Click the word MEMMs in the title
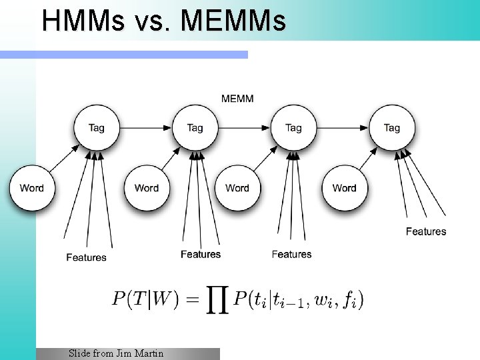[x=233, y=21]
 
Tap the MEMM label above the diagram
[x=237, y=99]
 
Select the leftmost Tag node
[x=96, y=127]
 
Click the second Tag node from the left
[x=195, y=127]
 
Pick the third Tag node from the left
[x=293, y=127]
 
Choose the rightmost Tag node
[x=392, y=127]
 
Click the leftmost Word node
[x=31, y=188]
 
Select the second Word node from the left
[x=147, y=188]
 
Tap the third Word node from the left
[x=237, y=188]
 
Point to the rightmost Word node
[x=344, y=188]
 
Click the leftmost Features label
[x=86, y=257]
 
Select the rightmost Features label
[x=426, y=231]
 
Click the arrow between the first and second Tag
[x=145, y=127]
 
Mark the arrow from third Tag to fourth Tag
[x=343, y=127]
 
